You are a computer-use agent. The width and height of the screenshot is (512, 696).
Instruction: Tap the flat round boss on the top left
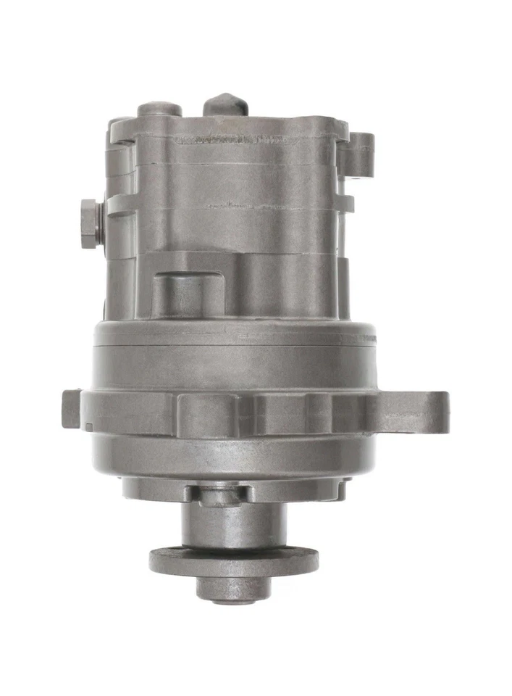point(159,109)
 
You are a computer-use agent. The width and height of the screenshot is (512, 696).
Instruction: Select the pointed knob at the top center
point(226,104)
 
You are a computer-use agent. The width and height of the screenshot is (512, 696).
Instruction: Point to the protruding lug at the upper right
point(360,154)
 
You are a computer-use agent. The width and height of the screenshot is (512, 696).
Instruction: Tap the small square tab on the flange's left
point(71,408)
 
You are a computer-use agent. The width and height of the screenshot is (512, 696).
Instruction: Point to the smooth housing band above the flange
point(232,355)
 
